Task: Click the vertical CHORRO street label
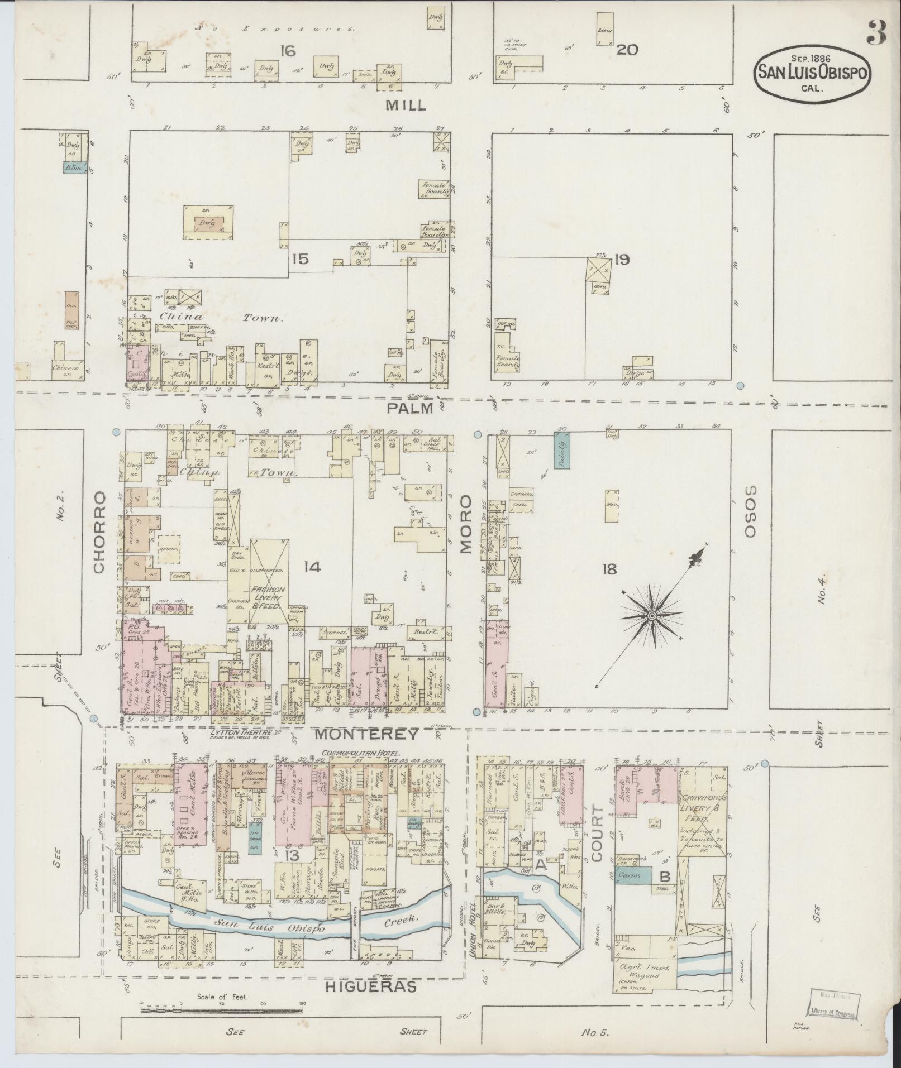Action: click(x=99, y=532)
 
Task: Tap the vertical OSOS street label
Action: click(x=750, y=511)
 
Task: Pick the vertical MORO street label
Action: click(x=466, y=523)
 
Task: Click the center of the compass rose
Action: click(x=651, y=615)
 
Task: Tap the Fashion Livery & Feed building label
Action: click(x=269, y=597)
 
